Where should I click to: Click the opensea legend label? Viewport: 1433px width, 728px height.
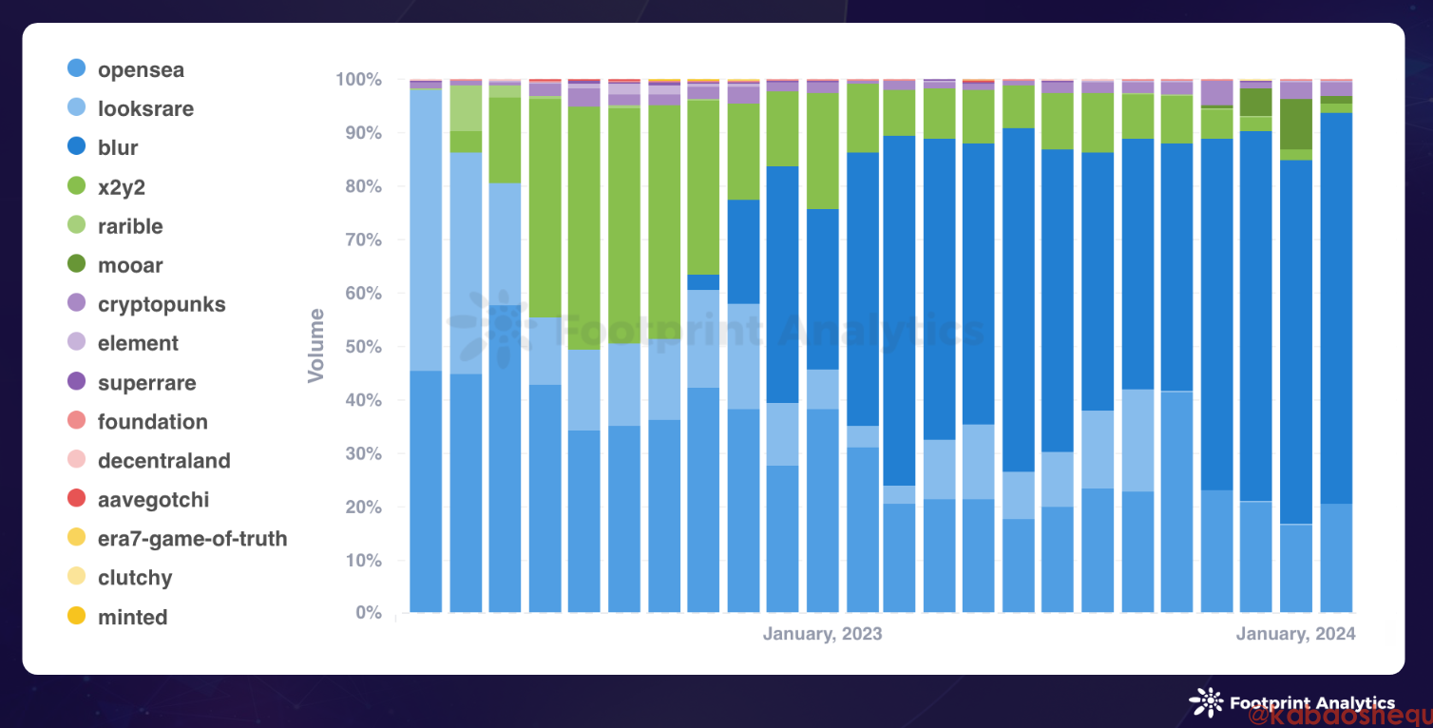[141, 69]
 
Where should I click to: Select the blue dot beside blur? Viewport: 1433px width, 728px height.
[77, 147]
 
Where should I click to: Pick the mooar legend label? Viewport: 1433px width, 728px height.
[137, 265]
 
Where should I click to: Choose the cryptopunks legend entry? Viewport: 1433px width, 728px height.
[162, 304]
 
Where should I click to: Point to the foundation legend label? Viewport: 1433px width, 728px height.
[152, 421]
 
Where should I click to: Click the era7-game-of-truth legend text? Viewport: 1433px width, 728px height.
[192, 539]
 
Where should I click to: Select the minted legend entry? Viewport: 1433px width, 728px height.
[132, 617]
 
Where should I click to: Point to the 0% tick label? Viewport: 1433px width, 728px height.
[367, 613]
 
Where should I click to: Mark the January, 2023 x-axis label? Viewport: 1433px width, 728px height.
[822, 634]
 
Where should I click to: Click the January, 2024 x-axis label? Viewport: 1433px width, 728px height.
[1295, 634]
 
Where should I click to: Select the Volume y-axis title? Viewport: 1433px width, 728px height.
[315, 345]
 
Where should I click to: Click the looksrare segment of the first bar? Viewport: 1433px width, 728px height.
[426, 228]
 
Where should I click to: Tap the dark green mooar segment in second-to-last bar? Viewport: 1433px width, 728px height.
[1295, 124]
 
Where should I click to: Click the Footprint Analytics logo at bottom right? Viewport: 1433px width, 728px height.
[1292, 703]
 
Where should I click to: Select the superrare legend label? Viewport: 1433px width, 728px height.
[146, 382]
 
